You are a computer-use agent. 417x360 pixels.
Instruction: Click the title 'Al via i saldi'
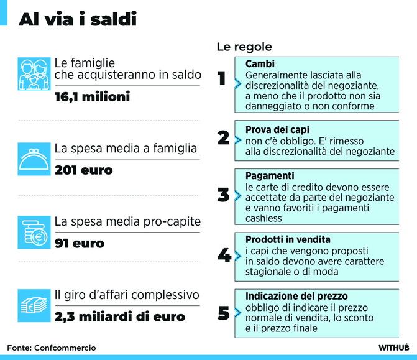coord(78,19)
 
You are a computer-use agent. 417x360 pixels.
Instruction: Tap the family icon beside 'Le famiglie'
coord(34,74)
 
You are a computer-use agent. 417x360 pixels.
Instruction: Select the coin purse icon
coord(34,159)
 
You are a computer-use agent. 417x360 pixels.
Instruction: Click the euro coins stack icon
coord(34,233)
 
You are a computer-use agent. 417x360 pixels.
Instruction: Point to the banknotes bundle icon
coord(34,305)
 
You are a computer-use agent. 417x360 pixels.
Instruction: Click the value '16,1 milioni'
coord(92,96)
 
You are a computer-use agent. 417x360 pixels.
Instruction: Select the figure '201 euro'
coord(83,170)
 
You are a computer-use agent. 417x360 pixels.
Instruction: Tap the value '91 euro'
coord(80,244)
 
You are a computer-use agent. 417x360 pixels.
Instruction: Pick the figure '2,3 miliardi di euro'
coord(120,317)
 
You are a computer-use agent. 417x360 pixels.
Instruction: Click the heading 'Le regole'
coord(244,47)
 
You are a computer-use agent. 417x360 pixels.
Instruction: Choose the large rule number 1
coord(221,78)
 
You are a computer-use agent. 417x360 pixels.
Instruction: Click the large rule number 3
coord(223,195)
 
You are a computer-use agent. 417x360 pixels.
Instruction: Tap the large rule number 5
coord(223,313)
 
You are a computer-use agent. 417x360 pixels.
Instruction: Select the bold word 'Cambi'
coord(260,64)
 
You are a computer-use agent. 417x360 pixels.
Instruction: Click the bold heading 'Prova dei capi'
coord(277,130)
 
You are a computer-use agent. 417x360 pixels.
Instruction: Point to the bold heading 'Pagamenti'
coord(270,176)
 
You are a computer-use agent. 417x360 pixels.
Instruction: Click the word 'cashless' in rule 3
coord(263,218)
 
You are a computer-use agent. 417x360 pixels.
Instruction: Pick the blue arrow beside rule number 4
coord(238,256)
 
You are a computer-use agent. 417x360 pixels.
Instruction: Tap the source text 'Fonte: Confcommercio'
coord(52,348)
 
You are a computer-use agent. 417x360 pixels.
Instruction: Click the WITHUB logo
coord(393,348)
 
